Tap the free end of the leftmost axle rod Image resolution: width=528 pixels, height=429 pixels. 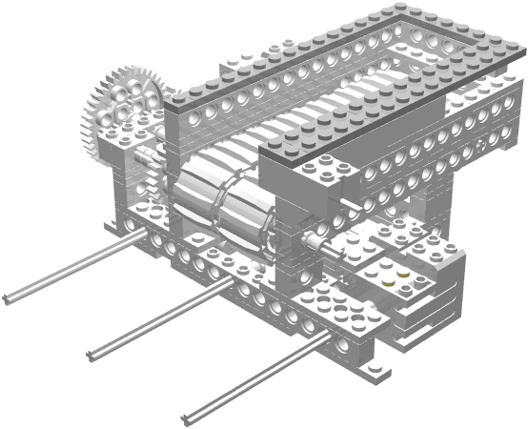coord(9,299)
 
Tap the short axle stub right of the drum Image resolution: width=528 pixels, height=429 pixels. coord(314,244)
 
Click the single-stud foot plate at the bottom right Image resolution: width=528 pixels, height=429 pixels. coord(373,361)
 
